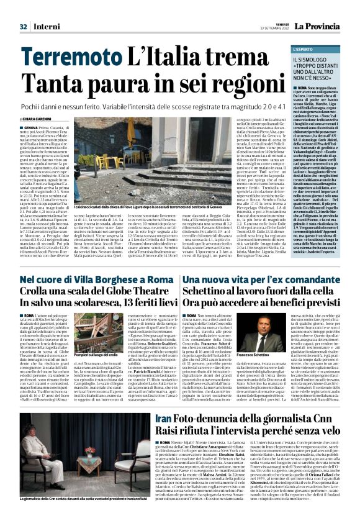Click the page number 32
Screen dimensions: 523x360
coord(24,26)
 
